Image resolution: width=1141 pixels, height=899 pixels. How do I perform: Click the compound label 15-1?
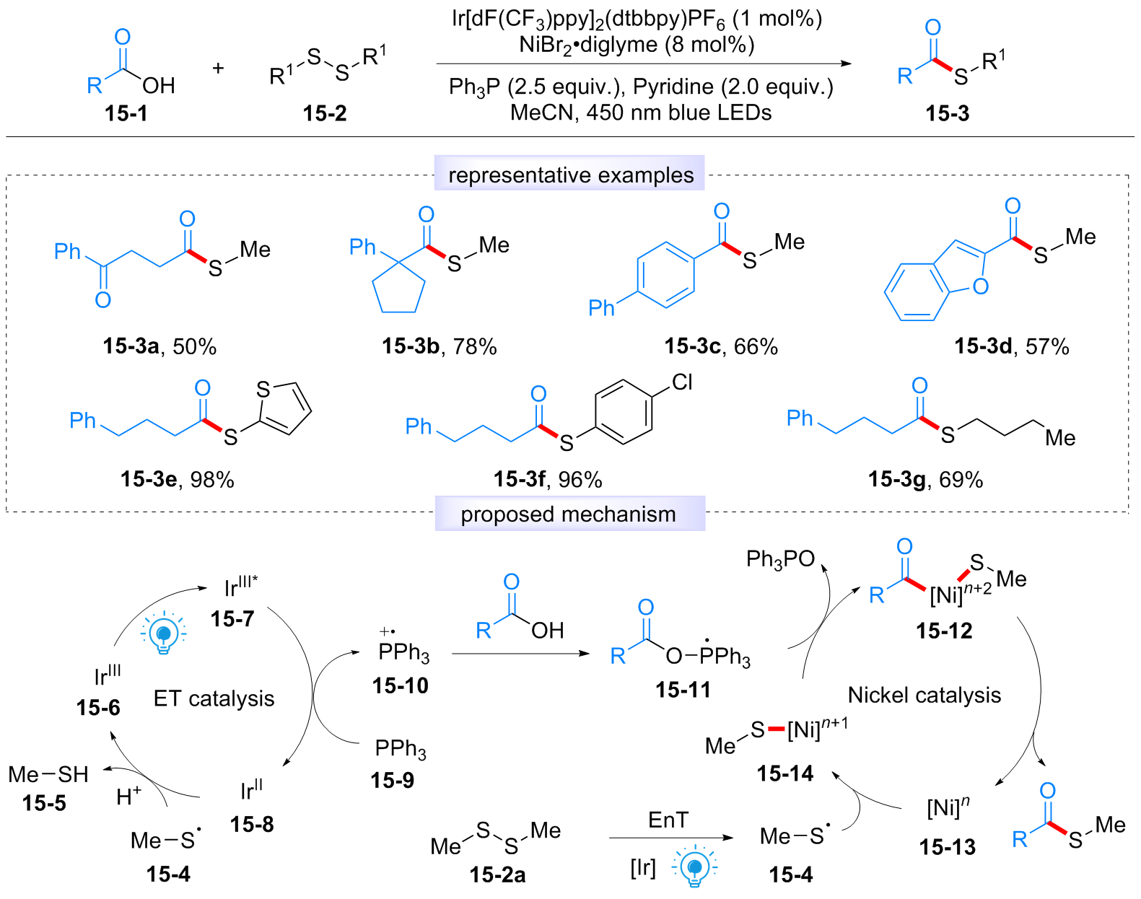(x=126, y=113)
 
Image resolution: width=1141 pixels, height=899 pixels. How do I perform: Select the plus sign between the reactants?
(x=218, y=68)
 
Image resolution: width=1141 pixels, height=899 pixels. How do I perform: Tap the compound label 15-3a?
(x=131, y=346)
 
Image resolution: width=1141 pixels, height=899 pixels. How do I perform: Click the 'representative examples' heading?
(x=571, y=175)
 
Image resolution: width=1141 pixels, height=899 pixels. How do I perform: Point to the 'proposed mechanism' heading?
(x=568, y=514)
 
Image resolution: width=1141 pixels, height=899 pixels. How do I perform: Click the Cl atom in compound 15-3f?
(x=682, y=382)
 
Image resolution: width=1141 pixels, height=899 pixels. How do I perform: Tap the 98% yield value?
(x=212, y=480)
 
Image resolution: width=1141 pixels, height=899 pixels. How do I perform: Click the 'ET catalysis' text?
(x=214, y=698)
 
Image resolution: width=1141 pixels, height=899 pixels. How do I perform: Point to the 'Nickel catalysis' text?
(x=924, y=695)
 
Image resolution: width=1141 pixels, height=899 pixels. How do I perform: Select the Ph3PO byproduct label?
(x=780, y=559)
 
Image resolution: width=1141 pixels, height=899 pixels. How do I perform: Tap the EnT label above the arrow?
(x=668, y=820)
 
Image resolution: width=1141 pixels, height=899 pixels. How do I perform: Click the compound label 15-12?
(x=944, y=631)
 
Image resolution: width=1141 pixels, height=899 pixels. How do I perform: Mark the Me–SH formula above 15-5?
(x=48, y=774)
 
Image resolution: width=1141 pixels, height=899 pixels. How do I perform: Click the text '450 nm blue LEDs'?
(x=678, y=113)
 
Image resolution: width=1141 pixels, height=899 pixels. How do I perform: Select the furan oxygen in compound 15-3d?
(x=980, y=286)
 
